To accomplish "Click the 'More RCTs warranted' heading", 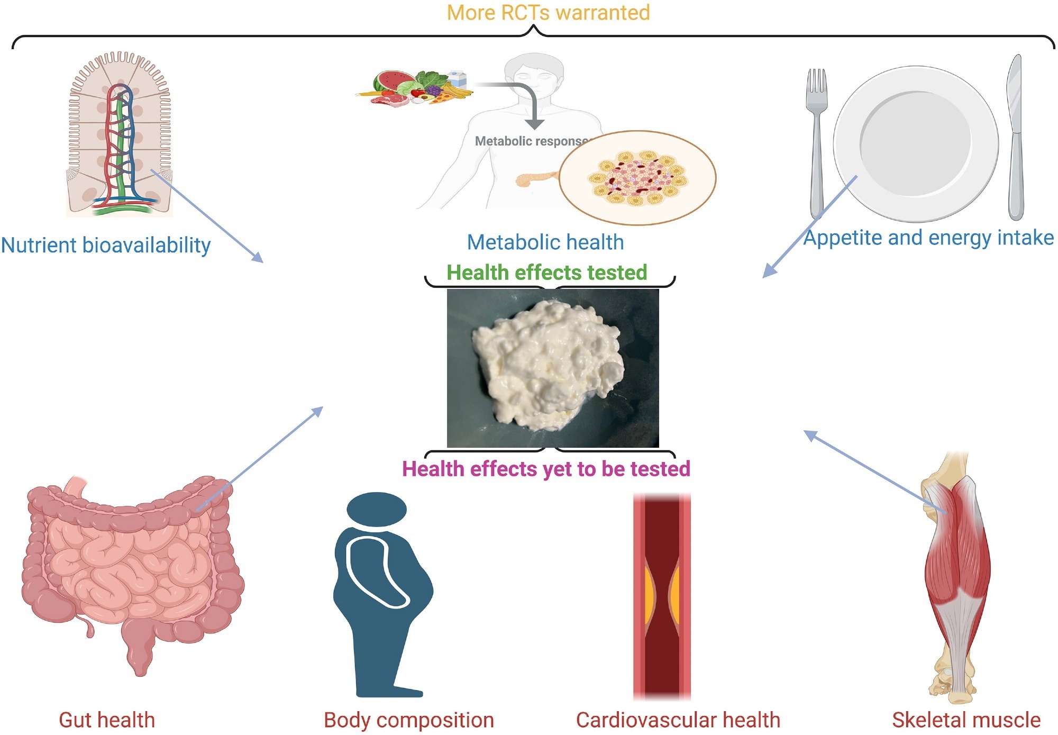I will pos(548,13).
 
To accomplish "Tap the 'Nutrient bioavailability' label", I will pos(106,246).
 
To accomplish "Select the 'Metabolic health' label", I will pos(545,242).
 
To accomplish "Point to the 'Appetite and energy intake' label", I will pos(928,238).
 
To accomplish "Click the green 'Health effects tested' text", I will pos(546,273).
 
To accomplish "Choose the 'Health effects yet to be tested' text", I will pos(546,469).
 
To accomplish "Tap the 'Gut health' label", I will pos(107,720).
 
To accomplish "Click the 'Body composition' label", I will pos(409,720).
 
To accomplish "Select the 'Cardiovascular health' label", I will pos(678,720).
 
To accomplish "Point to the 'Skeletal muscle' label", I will pos(966,720).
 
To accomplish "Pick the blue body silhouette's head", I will pos(377,509).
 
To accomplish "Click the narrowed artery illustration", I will pos(662,595).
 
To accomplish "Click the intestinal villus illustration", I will pos(120,135).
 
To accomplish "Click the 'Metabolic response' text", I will pos(531,141).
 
